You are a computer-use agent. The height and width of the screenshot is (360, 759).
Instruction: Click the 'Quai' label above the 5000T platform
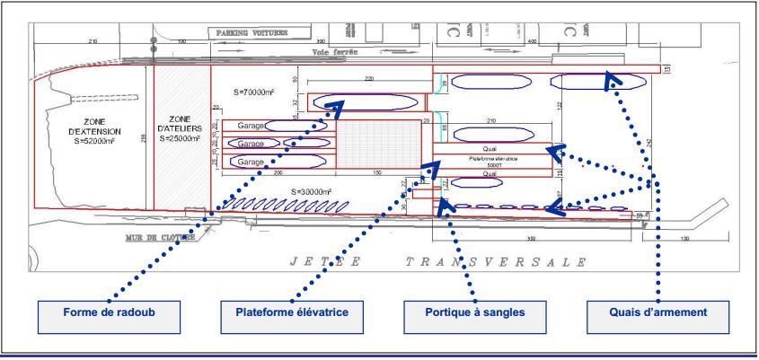(x=490, y=148)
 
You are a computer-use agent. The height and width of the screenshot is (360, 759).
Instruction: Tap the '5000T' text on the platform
(x=490, y=164)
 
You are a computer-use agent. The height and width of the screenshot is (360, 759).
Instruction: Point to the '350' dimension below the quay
(x=537, y=240)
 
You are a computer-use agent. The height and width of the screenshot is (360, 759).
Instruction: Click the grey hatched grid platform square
(x=378, y=142)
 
